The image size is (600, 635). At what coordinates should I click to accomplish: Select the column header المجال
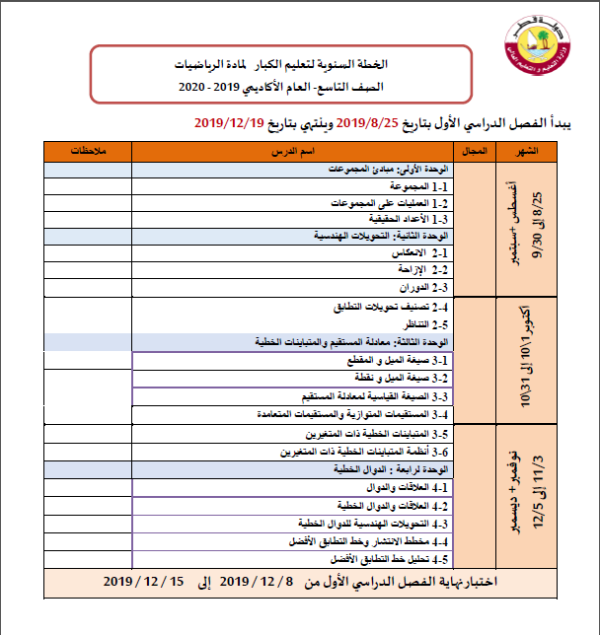click(x=477, y=151)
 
